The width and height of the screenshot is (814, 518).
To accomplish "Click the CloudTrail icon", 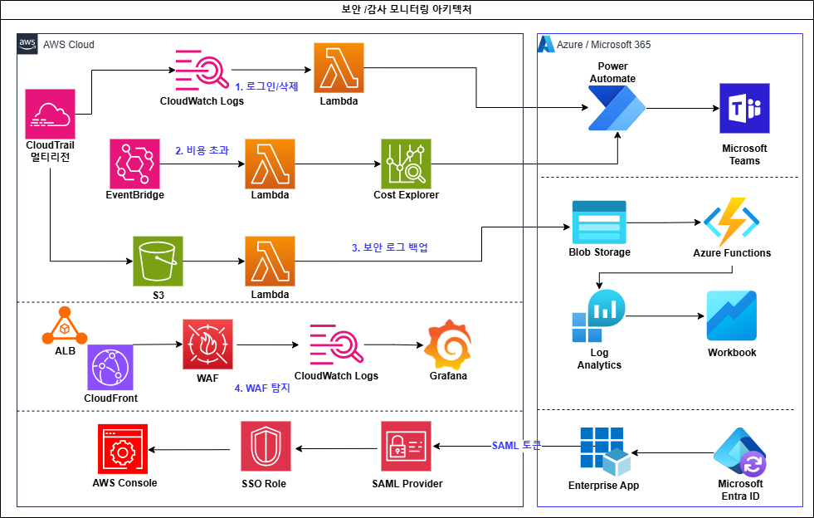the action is [x=51, y=114].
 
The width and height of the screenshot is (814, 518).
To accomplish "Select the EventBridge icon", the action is [x=135, y=164].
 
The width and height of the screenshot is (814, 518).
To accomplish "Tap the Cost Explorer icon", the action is [x=406, y=164].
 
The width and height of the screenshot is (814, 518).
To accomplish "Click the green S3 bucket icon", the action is [x=158, y=261].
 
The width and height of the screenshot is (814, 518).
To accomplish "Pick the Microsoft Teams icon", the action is [x=744, y=108].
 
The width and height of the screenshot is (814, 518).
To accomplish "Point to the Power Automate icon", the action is [x=617, y=108].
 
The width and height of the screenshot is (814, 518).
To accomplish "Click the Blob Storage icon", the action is [x=599, y=222].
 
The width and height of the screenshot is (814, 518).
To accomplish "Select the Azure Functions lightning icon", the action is [x=732, y=222].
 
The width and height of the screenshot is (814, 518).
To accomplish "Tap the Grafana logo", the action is [x=448, y=345].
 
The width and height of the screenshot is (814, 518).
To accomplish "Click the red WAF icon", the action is [x=207, y=344].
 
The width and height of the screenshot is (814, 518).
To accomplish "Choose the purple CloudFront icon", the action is [x=110, y=367].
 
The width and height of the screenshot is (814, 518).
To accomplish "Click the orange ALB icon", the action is [x=65, y=325].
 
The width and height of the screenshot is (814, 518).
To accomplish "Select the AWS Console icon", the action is [x=123, y=449].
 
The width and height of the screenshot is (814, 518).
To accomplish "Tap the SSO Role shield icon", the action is [x=266, y=447].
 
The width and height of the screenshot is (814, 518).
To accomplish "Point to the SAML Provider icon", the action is [x=406, y=447].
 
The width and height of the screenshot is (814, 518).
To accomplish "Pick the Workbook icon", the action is [x=732, y=315].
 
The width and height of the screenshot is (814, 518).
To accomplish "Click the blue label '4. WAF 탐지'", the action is [x=262, y=388].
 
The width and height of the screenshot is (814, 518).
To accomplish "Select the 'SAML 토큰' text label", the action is [x=516, y=445].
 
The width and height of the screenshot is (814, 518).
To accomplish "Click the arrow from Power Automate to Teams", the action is [x=683, y=109].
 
